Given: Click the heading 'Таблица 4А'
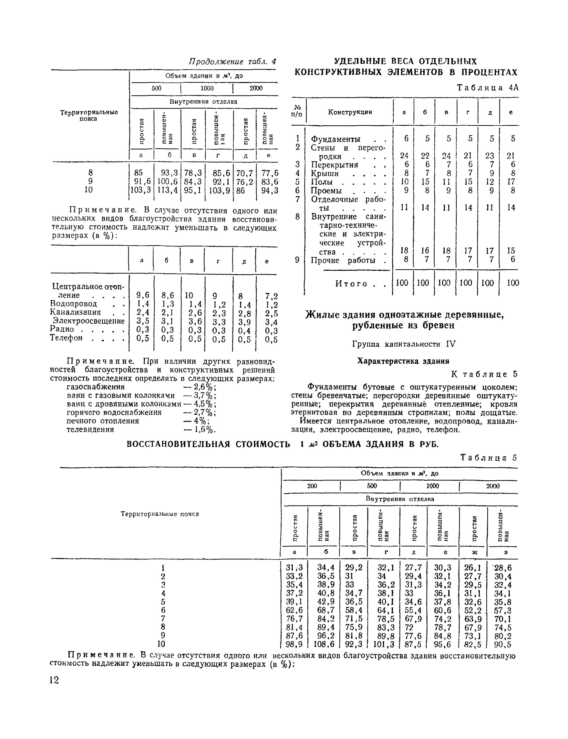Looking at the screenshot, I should coord(488,88).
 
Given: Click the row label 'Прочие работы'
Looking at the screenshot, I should coord(343,260).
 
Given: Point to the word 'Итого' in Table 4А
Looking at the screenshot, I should coord(351,284).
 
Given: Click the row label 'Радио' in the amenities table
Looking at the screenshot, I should coord(62,329).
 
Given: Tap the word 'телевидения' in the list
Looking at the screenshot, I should coord(90,429).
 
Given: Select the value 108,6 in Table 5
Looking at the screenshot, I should coord(324,644).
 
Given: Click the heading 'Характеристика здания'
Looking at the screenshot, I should coord(403,361).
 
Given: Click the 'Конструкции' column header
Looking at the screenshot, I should coord(350,112).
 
